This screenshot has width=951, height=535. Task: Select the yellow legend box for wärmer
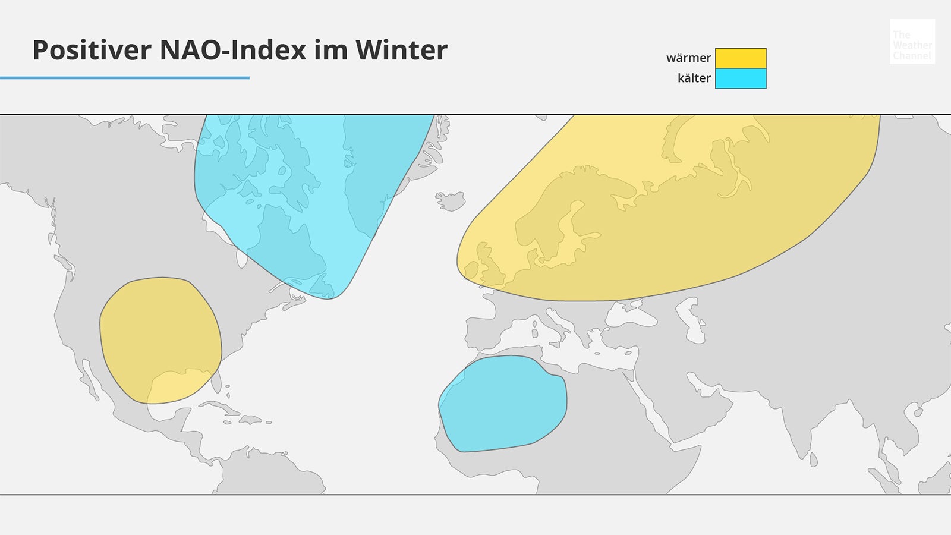(740, 58)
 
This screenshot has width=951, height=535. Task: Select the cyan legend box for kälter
(740, 78)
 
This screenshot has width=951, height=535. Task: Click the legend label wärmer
(688, 58)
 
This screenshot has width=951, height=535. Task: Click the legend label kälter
(694, 78)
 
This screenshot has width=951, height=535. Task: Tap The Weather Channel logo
(912, 42)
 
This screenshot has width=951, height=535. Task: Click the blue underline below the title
(125, 77)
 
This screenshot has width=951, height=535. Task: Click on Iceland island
(451, 200)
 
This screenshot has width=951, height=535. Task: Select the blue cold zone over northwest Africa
(502, 404)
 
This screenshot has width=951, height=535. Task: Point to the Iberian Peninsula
(481, 333)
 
